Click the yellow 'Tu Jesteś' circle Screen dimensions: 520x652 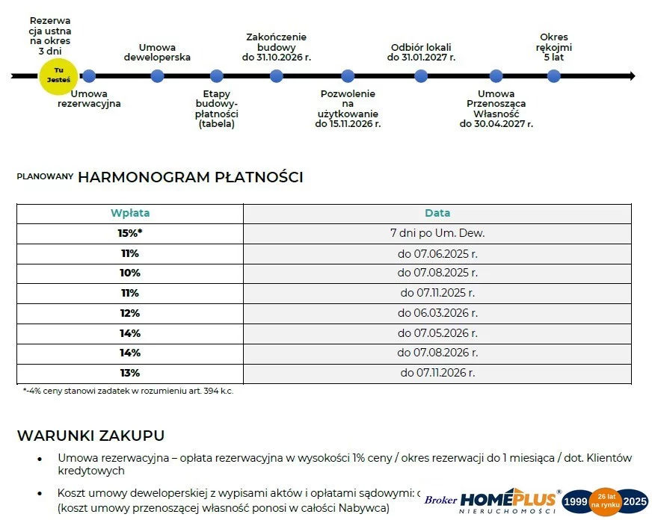58,75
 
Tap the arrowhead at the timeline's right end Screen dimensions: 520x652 631,75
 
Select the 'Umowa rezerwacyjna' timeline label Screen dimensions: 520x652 89,99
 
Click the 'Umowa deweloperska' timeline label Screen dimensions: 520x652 157,52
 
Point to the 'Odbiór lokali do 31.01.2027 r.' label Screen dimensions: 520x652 422,52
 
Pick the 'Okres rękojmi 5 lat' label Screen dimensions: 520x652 554,46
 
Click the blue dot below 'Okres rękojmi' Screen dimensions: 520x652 554,75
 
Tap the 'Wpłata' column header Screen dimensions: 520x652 130,213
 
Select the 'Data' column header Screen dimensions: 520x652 437,213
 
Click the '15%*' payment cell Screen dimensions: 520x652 130,233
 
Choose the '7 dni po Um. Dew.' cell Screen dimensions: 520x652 437,233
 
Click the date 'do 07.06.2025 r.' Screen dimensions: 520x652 437,253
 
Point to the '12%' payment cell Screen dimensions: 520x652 130,313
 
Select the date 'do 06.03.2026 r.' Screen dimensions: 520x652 437,313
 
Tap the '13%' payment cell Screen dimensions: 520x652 130,373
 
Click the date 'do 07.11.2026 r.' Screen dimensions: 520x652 437,373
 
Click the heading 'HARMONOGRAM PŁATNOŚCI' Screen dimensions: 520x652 190,177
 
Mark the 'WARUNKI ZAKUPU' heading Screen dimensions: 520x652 90,436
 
